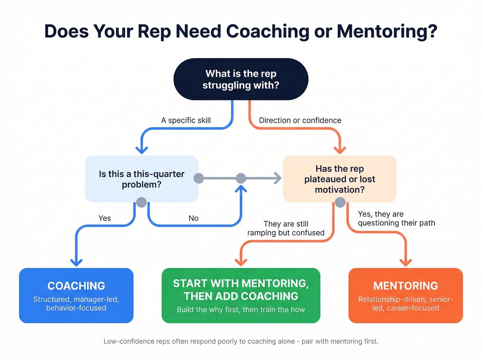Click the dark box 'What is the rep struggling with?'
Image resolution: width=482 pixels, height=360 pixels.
point(241,79)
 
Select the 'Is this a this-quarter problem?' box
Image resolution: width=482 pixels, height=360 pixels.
point(142,179)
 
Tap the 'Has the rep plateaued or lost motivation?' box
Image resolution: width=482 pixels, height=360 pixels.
point(339,179)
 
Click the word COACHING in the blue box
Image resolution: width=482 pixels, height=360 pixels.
point(76,286)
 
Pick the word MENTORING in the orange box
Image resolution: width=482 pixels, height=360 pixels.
point(406,286)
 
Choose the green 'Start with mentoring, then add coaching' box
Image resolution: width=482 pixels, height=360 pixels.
point(241,295)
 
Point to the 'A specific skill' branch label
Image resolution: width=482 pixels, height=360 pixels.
point(186,120)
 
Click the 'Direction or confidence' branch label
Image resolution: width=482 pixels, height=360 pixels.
point(300,120)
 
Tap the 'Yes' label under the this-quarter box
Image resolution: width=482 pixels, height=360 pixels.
point(105,218)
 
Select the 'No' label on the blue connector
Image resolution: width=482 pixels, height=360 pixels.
point(193,218)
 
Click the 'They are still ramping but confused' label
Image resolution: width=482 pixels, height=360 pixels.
point(286,228)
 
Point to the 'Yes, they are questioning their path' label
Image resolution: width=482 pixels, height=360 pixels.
point(396,218)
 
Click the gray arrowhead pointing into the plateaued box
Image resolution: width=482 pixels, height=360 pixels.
point(277,178)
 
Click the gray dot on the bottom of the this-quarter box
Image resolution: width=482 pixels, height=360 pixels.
point(142,202)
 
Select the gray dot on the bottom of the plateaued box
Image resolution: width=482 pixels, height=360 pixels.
point(340,202)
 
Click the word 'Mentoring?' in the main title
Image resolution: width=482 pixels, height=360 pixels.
point(387,31)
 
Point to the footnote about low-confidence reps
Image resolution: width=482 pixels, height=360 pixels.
point(241,341)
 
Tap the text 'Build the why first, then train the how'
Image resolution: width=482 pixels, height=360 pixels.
point(241,310)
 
